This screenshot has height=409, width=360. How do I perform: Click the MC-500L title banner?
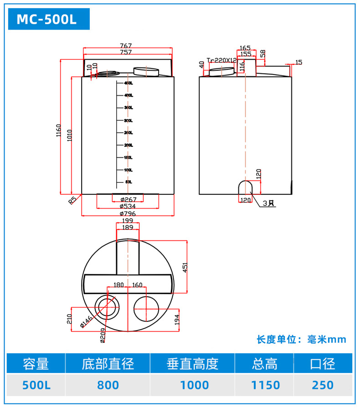(47, 20)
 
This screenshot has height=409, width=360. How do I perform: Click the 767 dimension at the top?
(126, 46)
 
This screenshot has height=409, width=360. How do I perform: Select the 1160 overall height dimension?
(60, 132)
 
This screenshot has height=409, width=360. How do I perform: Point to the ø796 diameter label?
(128, 213)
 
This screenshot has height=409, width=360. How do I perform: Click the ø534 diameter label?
(128, 206)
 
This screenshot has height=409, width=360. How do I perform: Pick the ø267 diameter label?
(129, 199)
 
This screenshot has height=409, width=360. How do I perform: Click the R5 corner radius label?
(72, 200)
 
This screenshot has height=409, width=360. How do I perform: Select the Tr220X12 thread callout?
(221, 60)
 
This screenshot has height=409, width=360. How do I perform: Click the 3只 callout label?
(269, 203)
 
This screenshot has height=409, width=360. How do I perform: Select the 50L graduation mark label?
(129, 182)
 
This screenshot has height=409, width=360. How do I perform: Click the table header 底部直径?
(108, 364)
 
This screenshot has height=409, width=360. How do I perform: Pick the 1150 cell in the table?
(265, 385)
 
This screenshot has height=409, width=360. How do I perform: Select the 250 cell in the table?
(323, 385)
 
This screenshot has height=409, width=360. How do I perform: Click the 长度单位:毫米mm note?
(301, 339)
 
